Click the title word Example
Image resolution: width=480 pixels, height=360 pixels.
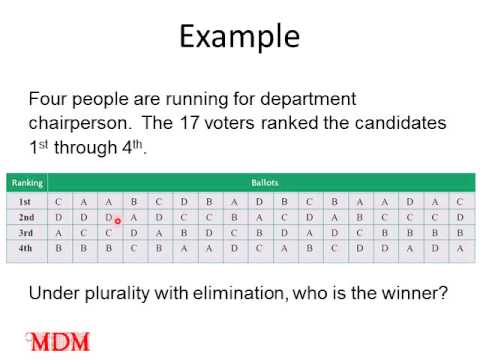pos(239,37)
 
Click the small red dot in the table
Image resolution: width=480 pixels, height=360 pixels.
pos(117,222)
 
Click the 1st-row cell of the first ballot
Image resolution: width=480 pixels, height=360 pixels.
pos(59,201)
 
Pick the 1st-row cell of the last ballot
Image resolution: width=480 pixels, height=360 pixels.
pos(459,201)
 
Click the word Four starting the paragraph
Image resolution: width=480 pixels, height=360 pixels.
pos(49,100)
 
